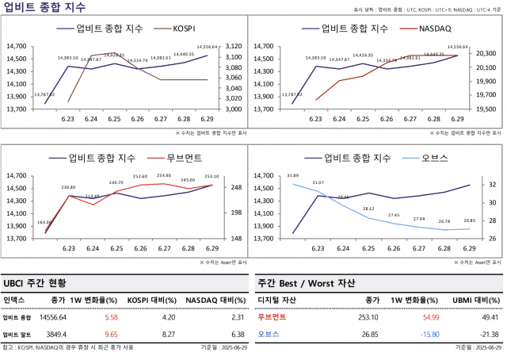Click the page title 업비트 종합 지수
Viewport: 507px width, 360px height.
coord(35,7)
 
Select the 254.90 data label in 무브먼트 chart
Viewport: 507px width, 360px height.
coord(163,176)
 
